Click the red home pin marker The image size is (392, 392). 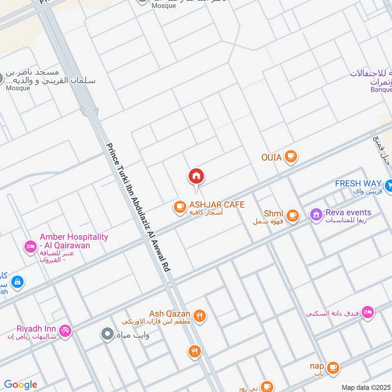pos(196,176)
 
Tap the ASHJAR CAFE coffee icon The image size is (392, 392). pos(180,207)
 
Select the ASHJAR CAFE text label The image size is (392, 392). pos(217,205)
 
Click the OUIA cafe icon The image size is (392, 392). pos(291,157)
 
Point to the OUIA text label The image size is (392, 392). pos(271,157)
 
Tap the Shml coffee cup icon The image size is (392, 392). pos(293,215)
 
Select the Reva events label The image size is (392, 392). pos(347,213)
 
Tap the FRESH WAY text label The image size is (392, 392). pos(358,184)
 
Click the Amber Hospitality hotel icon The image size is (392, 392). pos(30,246)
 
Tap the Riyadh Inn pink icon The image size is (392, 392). pos(66,331)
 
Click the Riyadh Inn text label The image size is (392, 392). pos(30,329)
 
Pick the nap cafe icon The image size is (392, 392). pos(333,367)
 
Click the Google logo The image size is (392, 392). pos(21,385)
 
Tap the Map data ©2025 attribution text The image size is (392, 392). pos(366,388)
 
